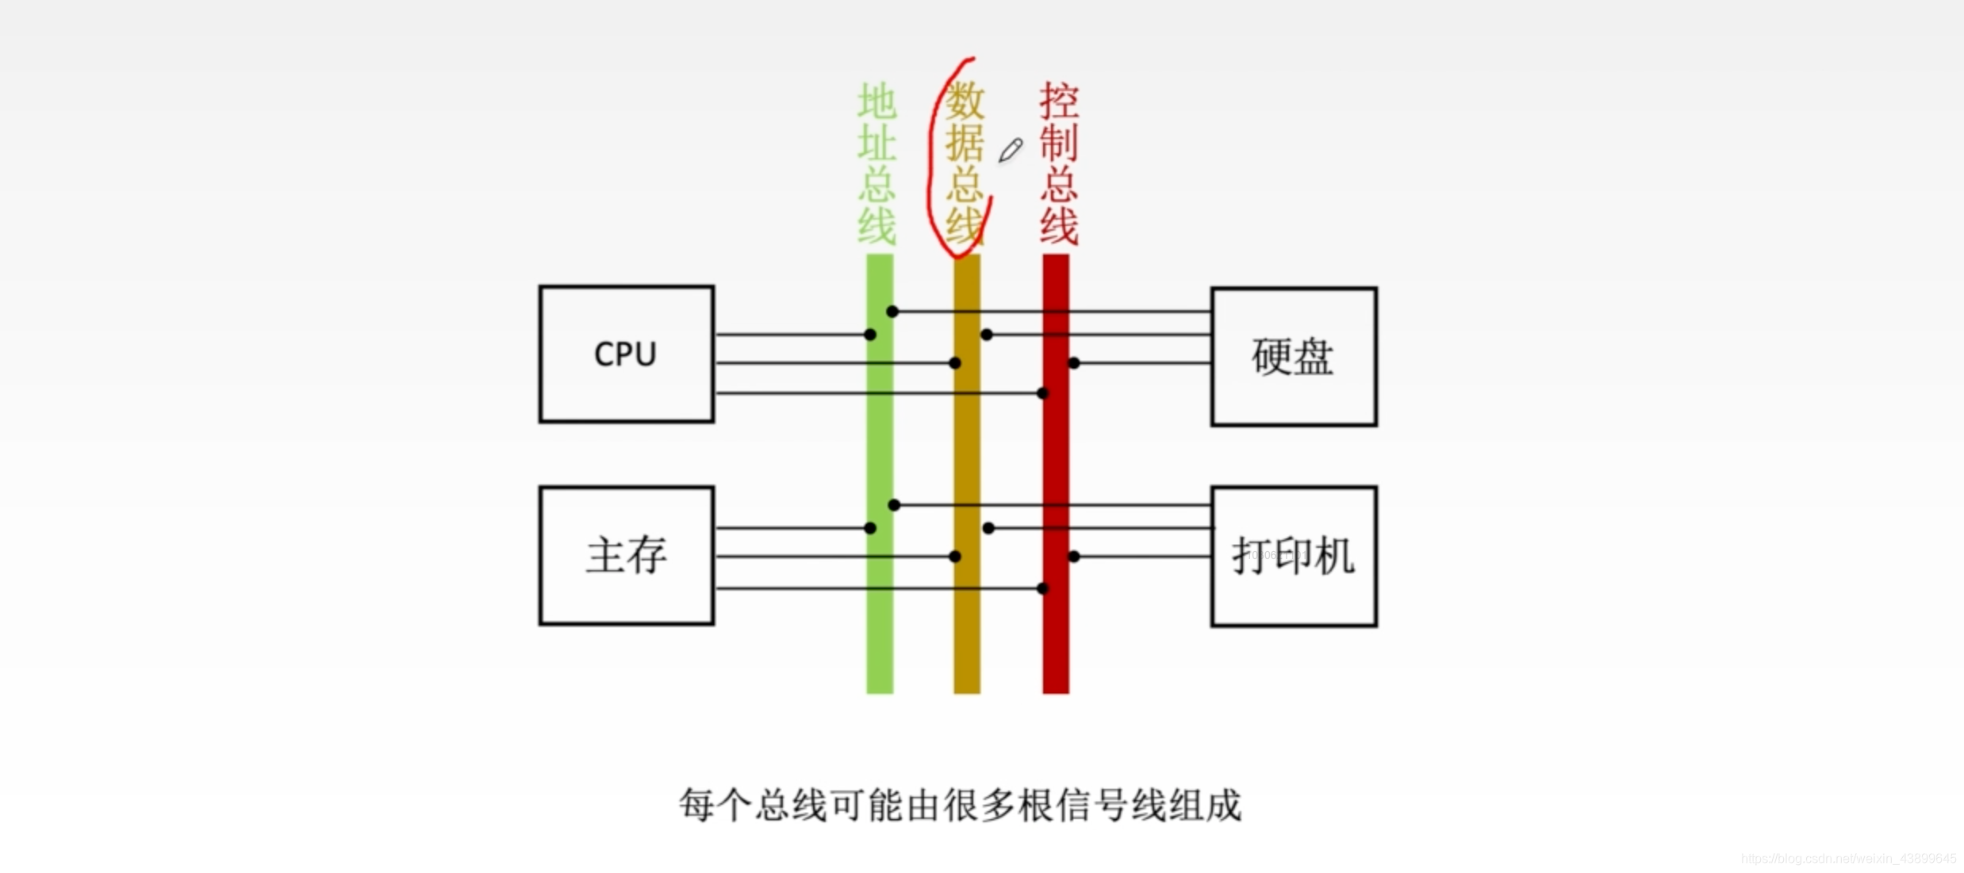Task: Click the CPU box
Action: [626, 354]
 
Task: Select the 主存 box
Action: [626, 555]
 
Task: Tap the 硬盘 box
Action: [1293, 357]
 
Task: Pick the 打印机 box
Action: [1293, 556]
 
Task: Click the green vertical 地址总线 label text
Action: [877, 163]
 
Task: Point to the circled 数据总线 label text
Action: [965, 163]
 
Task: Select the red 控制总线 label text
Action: [1058, 163]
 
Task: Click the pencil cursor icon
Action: [1010, 150]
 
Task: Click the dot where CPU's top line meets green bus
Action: [870, 335]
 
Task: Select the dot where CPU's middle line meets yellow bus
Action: [955, 363]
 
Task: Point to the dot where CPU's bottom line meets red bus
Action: [1043, 393]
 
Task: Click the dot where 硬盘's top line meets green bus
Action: [892, 312]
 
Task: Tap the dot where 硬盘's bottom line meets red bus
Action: [1074, 363]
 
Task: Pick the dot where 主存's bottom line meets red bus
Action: [1043, 588]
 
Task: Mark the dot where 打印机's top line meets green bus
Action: [894, 505]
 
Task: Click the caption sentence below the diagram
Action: [960, 806]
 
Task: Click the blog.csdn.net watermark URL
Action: [1847, 859]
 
